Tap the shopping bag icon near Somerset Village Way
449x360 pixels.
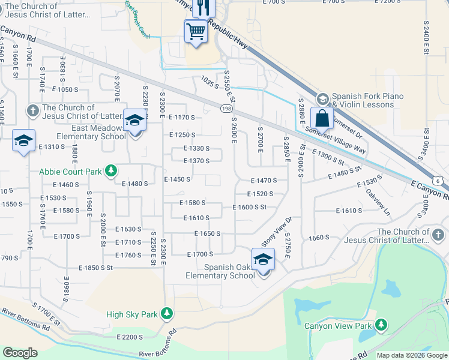coord(322,118)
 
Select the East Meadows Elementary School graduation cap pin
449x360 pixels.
coord(135,121)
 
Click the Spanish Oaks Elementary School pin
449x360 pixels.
coord(263,260)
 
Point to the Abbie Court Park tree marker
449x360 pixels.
coord(110,172)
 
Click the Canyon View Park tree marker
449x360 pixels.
coord(380,326)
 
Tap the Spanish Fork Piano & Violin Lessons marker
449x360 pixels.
coord(322,98)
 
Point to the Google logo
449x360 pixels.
coord(20,353)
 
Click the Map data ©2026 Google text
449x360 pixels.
coord(411,355)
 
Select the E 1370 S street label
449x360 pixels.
coord(196,161)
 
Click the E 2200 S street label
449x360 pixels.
coord(130,337)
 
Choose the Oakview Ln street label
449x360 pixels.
coord(378,203)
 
